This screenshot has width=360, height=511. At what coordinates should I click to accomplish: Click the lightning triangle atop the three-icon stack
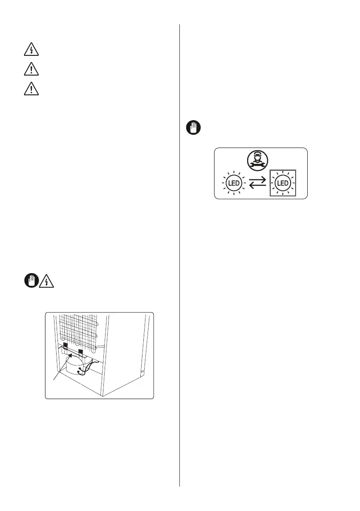pyautogui.click(x=31, y=50)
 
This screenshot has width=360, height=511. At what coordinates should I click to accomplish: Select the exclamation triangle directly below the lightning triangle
pyautogui.click(x=31, y=70)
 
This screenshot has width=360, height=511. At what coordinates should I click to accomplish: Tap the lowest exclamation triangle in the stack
pyautogui.click(x=31, y=89)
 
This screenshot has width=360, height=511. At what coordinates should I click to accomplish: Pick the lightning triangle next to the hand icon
pyautogui.click(x=45, y=281)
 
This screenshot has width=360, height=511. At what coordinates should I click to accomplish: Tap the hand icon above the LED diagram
pyautogui.click(x=193, y=128)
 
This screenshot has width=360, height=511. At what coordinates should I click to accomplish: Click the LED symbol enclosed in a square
pyautogui.click(x=283, y=183)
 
